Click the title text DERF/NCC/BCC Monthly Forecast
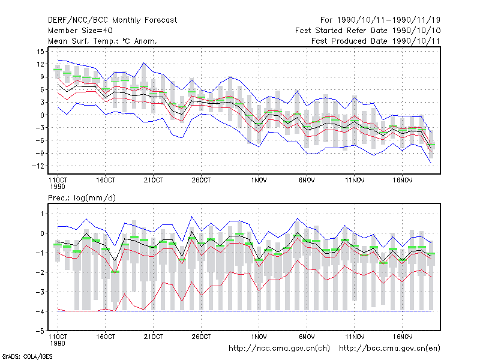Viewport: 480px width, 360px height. tap(112, 20)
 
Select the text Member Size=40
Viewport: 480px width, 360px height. tap(80, 31)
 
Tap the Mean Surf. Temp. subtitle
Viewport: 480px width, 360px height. tap(102, 41)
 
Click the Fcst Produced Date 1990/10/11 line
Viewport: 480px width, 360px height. tap(376, 41)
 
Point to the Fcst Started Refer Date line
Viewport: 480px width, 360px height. tap(368, 31)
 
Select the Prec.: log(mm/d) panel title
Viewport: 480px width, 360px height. tap(82, 198)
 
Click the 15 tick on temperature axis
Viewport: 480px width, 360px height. tap(40, 52)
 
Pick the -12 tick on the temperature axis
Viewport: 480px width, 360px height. tap(38, 166)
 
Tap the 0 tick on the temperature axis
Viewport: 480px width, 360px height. tap(42, 115)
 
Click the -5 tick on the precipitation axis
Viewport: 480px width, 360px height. tap(40, 331)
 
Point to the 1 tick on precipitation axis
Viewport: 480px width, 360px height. tap(42, 214)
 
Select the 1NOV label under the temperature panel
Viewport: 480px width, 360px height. tap(259, 181)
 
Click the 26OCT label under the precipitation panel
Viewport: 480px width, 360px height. tap(201, 337)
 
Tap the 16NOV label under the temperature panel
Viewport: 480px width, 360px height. tap(403, 181)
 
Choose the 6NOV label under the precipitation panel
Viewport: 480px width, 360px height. tap(307, 337)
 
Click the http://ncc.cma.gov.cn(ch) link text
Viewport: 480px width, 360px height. tap(279, 349)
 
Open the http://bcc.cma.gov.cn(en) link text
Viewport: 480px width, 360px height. tap(389, 349)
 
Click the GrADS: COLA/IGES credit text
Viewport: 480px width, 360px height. tap(27, 356)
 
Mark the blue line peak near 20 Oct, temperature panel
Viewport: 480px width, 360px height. tap(144, 63)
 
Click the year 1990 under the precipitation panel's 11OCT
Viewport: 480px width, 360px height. tap(58, 343)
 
